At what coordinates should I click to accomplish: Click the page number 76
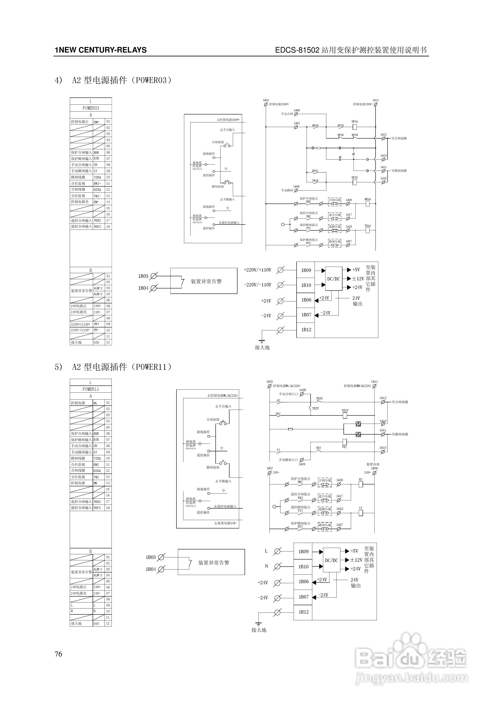coord(58,654)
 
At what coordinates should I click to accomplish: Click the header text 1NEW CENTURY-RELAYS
coord(101,50)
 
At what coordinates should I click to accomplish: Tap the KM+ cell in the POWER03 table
coord(97,122)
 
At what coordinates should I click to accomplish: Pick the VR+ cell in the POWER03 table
coord(97,324)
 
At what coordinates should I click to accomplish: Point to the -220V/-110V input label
coord(258,285)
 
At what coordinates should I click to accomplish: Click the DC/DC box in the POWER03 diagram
coord(334,279)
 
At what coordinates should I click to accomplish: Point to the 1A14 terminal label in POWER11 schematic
coord(374,382)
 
